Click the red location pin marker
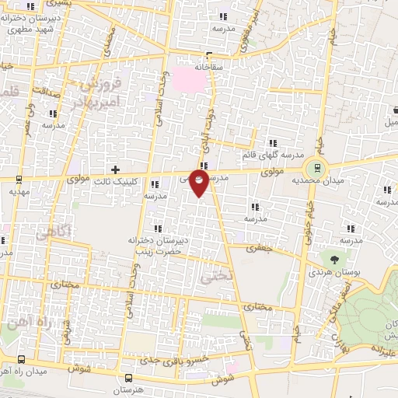200,183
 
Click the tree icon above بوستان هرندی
334,260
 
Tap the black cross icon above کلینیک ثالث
115,169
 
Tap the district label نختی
215,275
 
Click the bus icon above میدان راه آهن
20,359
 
